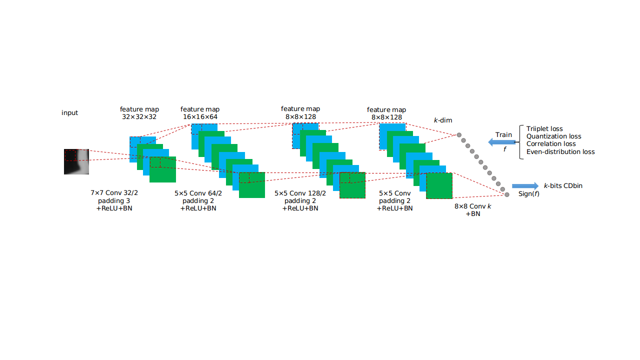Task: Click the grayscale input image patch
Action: click(x=76, y=161)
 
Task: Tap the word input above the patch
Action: click(x=69, y=113)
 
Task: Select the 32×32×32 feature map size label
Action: click(x=139, y=117)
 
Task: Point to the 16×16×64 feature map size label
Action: click(x=200, y=117)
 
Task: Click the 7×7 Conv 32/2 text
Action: click(x=114, y=193)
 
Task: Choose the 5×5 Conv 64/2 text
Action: click(x=198, y=193)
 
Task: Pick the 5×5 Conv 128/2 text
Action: click(x=300, y=193)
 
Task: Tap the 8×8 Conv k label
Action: click(x=473, y=206)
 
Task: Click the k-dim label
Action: click(x=443, y=120)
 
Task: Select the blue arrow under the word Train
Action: click(x=501, y=142)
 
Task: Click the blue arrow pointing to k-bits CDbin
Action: click(x=525, y=186)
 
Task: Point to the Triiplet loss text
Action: click(x=544, y=129)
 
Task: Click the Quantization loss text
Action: click(x=553, y=136)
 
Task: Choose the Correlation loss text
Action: click(x=551, y=143)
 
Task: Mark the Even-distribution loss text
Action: click(x=560, y=151)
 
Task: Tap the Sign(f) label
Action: click(x=529, y=194)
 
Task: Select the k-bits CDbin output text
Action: click(x=563, y=185)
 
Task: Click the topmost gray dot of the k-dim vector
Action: click(x=459, y=135)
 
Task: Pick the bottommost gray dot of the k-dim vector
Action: click(x=507, y=194)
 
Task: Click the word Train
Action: click(x=503, y=135)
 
